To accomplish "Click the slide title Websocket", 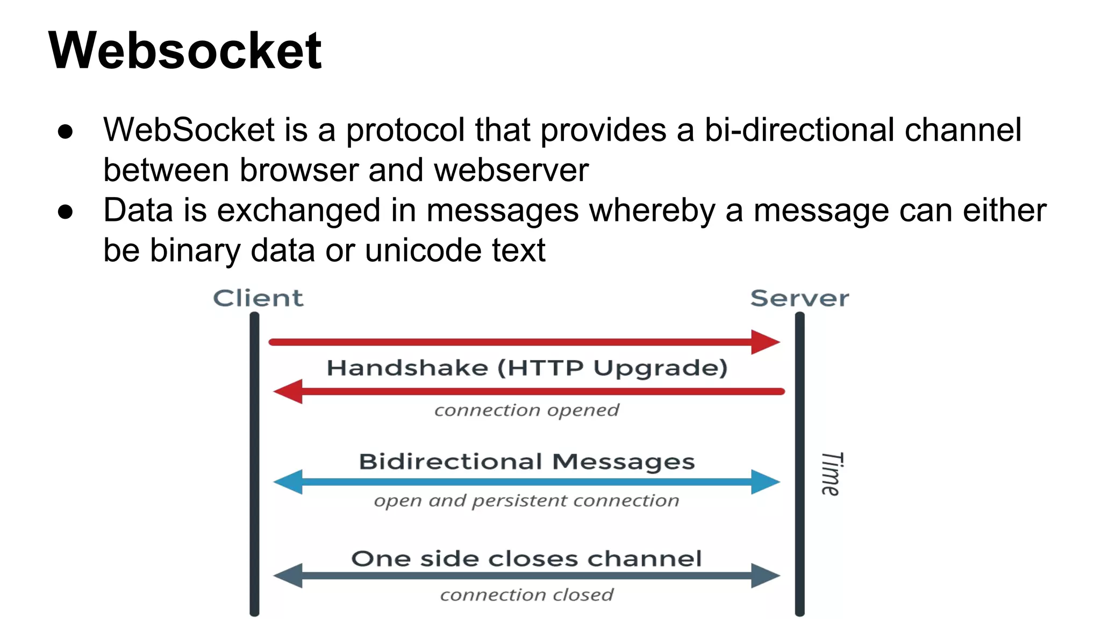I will [x=185, y=51].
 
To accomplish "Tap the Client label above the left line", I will [x=258, y=298].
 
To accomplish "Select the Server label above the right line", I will [x=799, y=298].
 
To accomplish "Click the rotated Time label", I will [x=831, y=473].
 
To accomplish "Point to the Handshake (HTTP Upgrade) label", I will [x=527, y=368].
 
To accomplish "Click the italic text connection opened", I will [x=527, y=411].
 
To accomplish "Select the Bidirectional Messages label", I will [x=527, y=462].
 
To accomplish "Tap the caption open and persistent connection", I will [x=527, y=501].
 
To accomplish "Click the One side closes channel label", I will [x=527, y=559].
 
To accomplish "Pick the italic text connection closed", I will [x=527, y=595].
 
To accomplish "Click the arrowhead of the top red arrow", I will [x=764, y=342].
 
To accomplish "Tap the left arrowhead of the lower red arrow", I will [x=289, y=392].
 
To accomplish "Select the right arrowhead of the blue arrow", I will [x=764, y=482].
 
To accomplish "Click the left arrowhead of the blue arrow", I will [x=289, y=482].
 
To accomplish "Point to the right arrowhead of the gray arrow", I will [x=764, y=576].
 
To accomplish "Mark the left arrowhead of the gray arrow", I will [x=289, y=576].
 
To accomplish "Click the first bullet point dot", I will [x=65, y=132].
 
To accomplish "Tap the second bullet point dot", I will [x=65, y=212].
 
